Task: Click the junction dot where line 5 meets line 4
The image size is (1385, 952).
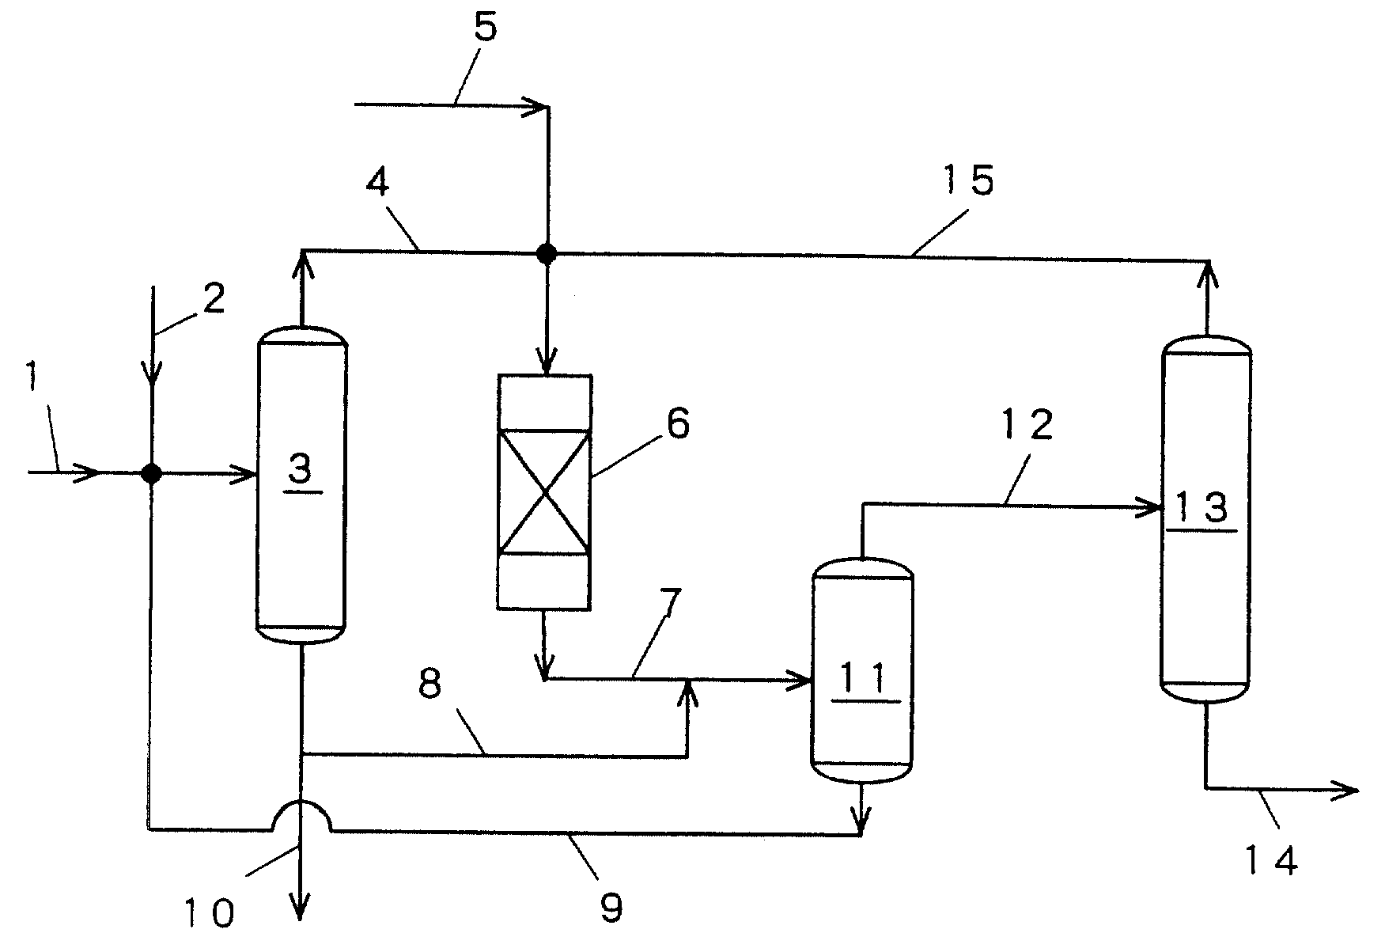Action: click(x=547, y=253)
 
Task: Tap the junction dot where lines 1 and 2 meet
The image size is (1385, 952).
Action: click(x=151, y=473)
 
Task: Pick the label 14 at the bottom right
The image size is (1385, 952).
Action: click(x=1270, y=859)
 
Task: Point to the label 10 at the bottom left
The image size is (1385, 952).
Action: click(x=211, y=912)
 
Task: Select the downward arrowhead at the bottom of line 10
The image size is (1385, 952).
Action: click(x=301, y=907)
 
